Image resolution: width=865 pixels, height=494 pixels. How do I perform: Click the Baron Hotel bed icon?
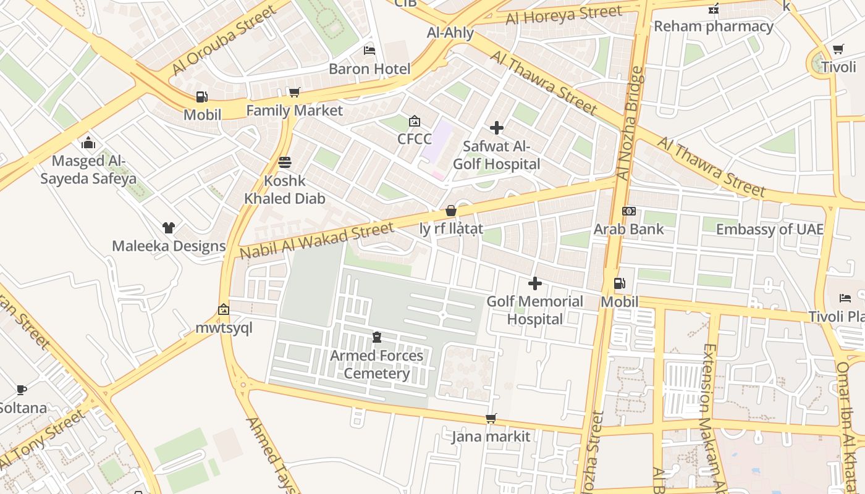pyautogui.click(x=369, y=50)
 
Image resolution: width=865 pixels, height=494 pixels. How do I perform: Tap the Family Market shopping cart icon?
pyautogui.click(x=294, y=92)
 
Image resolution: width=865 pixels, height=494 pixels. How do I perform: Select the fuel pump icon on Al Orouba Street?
pyautogui.click(x=201, y=96)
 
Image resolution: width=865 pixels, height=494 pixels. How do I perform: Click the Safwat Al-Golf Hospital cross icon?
pyautogui.click(x=496, y=128)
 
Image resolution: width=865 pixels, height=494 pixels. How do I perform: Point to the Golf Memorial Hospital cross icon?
pyautogui.click(x=535, y=283)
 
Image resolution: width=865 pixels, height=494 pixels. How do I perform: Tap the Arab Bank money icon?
pyautogui.click(x=628, y=211)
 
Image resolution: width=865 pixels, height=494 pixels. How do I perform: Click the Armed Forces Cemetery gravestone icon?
pyautogui.click(x=376, y=337)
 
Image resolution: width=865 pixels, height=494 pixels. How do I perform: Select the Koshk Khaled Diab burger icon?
pyautogui.click(x=284, y=162)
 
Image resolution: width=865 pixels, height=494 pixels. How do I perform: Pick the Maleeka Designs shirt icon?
pyautogui.click(x=168, y=227)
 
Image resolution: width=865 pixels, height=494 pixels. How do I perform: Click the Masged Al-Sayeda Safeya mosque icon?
pyautogui.click(x=88, y=143)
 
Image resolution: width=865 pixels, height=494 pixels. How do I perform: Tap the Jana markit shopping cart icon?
pyautogui.click(x=491, y=419)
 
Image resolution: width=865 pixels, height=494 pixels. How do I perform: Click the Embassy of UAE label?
pyautogui.click(x=769, y=229)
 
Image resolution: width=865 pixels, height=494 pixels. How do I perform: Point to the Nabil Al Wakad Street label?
pyautogui.click(x=316, y=241)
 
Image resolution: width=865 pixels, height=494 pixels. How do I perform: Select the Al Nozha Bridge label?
pyautogui.click(x=631, y=124)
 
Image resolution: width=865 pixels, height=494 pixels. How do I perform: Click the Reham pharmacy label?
pyautogui.click(x=714, y=26)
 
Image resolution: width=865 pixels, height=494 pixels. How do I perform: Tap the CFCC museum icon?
pyautogui.click(x=414, y=121)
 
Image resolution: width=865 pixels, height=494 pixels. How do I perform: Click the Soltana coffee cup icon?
pyautogui.click(x=22, y=390)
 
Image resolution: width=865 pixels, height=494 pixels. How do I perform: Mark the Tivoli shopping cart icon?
pyautogui.click(x=838, y=49)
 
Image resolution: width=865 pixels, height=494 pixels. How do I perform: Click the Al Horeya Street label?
pyautogui.click(x=563, y=15)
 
